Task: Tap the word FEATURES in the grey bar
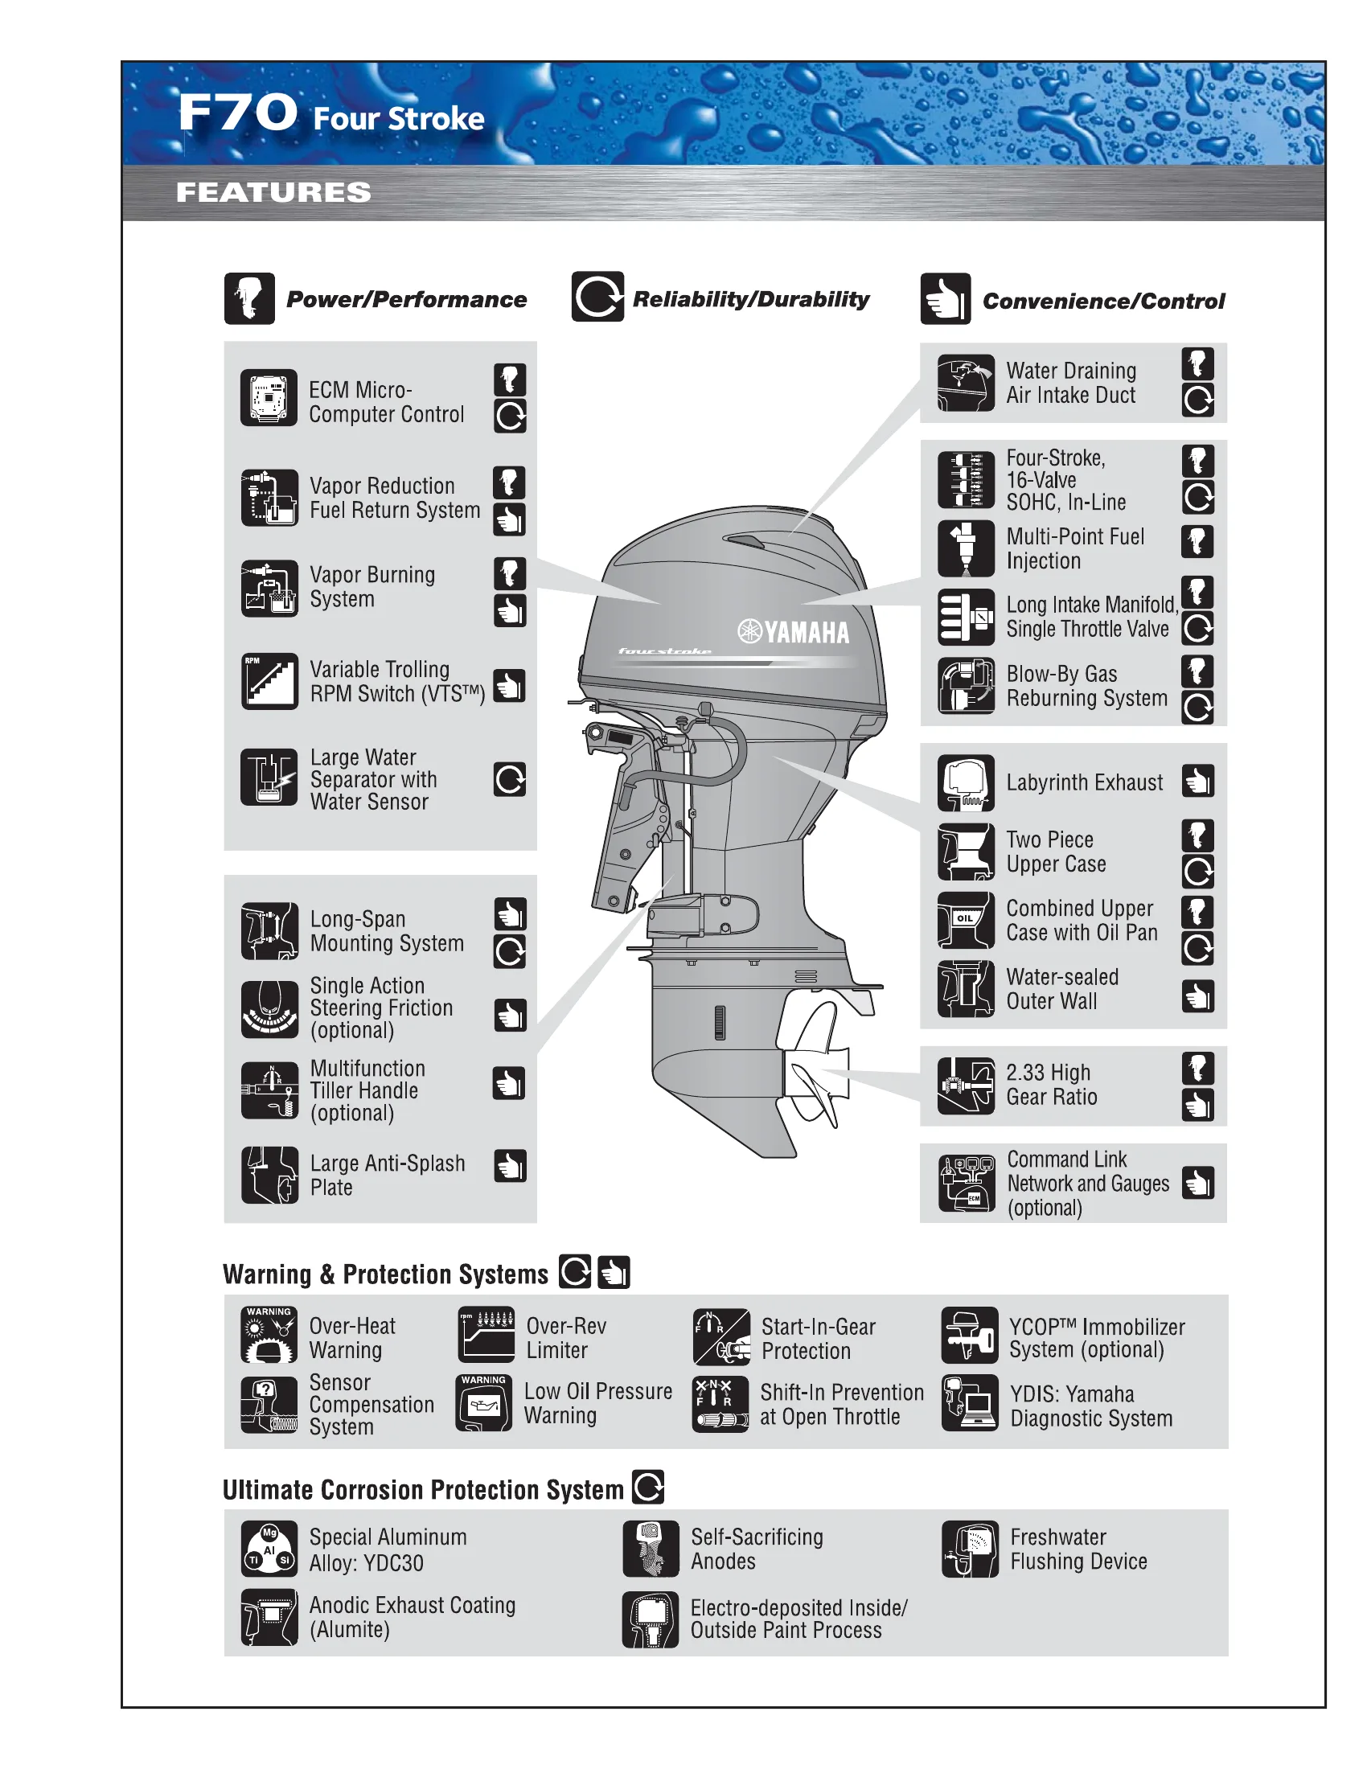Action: click(x=273, y=193)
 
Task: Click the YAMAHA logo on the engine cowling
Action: click(x=794, y=632)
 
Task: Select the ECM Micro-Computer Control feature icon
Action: click(x=269, y=398)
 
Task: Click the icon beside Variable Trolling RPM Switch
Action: click(x=269, y=681)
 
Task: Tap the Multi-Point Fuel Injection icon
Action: click(x=965, y=548)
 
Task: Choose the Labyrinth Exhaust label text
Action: click(x=1085, y=782)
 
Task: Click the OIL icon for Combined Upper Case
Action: click(x=965, y=920)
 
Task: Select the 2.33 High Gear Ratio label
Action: click(x=1051, y=1085)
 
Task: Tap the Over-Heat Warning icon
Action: click(x=269, y=1335)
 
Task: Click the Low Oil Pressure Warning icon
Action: click(x=484, y=1403)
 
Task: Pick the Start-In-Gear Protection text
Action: click(x=818, y=1338)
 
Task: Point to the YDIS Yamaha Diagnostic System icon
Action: click(x=970, y=1404)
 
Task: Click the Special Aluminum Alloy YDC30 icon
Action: click(x=269, y=1549)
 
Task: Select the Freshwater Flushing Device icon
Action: click(x=970, y=1549)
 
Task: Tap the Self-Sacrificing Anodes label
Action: click(x=757, y=1549)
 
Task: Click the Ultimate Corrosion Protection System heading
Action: click(x=423, y=1489)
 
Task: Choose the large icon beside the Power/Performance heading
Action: click(x=249, y=299)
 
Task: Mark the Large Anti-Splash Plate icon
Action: click(x=269, y=1175)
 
